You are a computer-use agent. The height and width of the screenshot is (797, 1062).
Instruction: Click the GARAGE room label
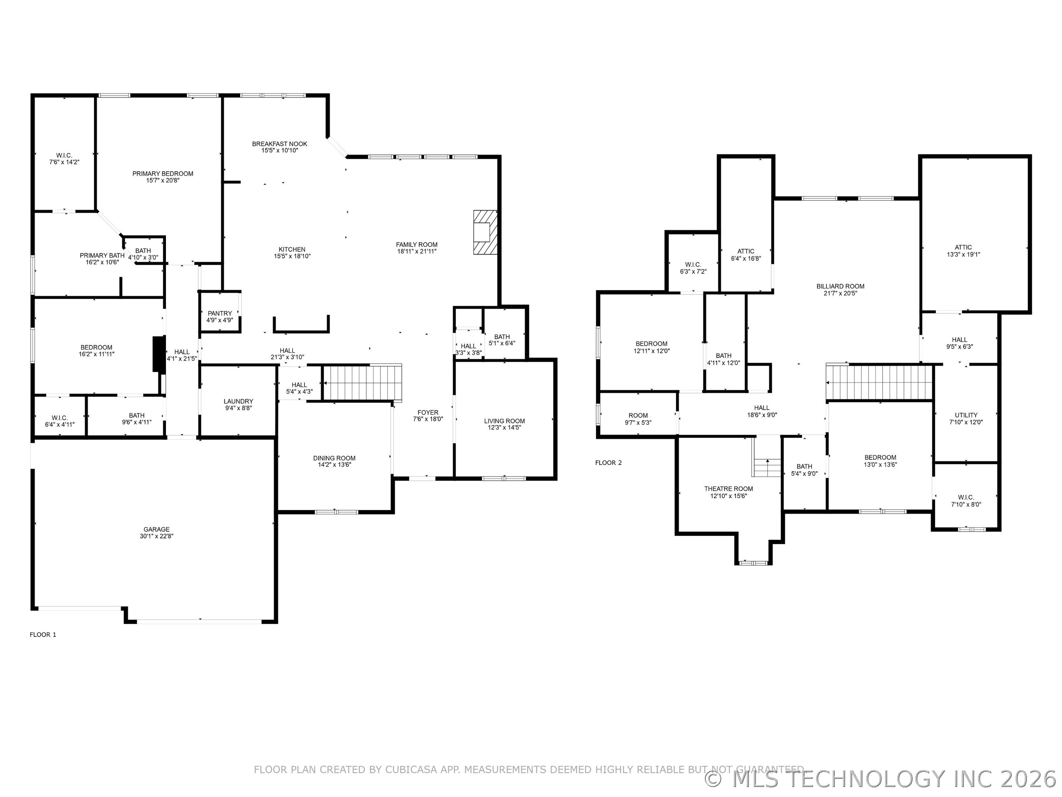(156, 529)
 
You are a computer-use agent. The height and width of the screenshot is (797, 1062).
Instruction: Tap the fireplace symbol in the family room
(485, 232)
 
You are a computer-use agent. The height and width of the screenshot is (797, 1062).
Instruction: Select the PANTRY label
(220, 313)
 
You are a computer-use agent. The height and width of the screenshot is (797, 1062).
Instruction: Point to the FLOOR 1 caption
(43, 635)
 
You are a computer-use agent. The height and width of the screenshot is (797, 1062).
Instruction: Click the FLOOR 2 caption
(608, 463)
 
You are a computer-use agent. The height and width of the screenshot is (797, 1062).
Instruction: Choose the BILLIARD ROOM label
(840, 286)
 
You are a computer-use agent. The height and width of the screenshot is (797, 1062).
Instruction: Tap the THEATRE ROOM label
(728, 489)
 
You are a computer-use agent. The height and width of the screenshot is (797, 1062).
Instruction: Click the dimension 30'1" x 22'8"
(156, 536)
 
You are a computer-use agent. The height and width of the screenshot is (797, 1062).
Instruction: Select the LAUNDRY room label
(238, 401)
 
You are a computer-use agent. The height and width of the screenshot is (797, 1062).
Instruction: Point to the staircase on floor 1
(362, 382)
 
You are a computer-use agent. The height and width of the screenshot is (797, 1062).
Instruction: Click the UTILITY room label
(966, 415)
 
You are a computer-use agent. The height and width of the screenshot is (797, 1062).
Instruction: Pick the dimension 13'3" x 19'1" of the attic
(963, 254)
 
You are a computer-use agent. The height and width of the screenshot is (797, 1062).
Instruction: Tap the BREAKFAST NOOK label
(280, 144)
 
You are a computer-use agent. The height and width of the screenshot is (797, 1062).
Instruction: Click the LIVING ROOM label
(504, 421)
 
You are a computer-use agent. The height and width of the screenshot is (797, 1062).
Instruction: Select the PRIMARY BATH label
(102, 256)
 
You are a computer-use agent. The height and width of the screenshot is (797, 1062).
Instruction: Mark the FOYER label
(428, 412)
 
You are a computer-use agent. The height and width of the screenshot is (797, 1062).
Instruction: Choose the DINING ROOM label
(334, 458)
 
